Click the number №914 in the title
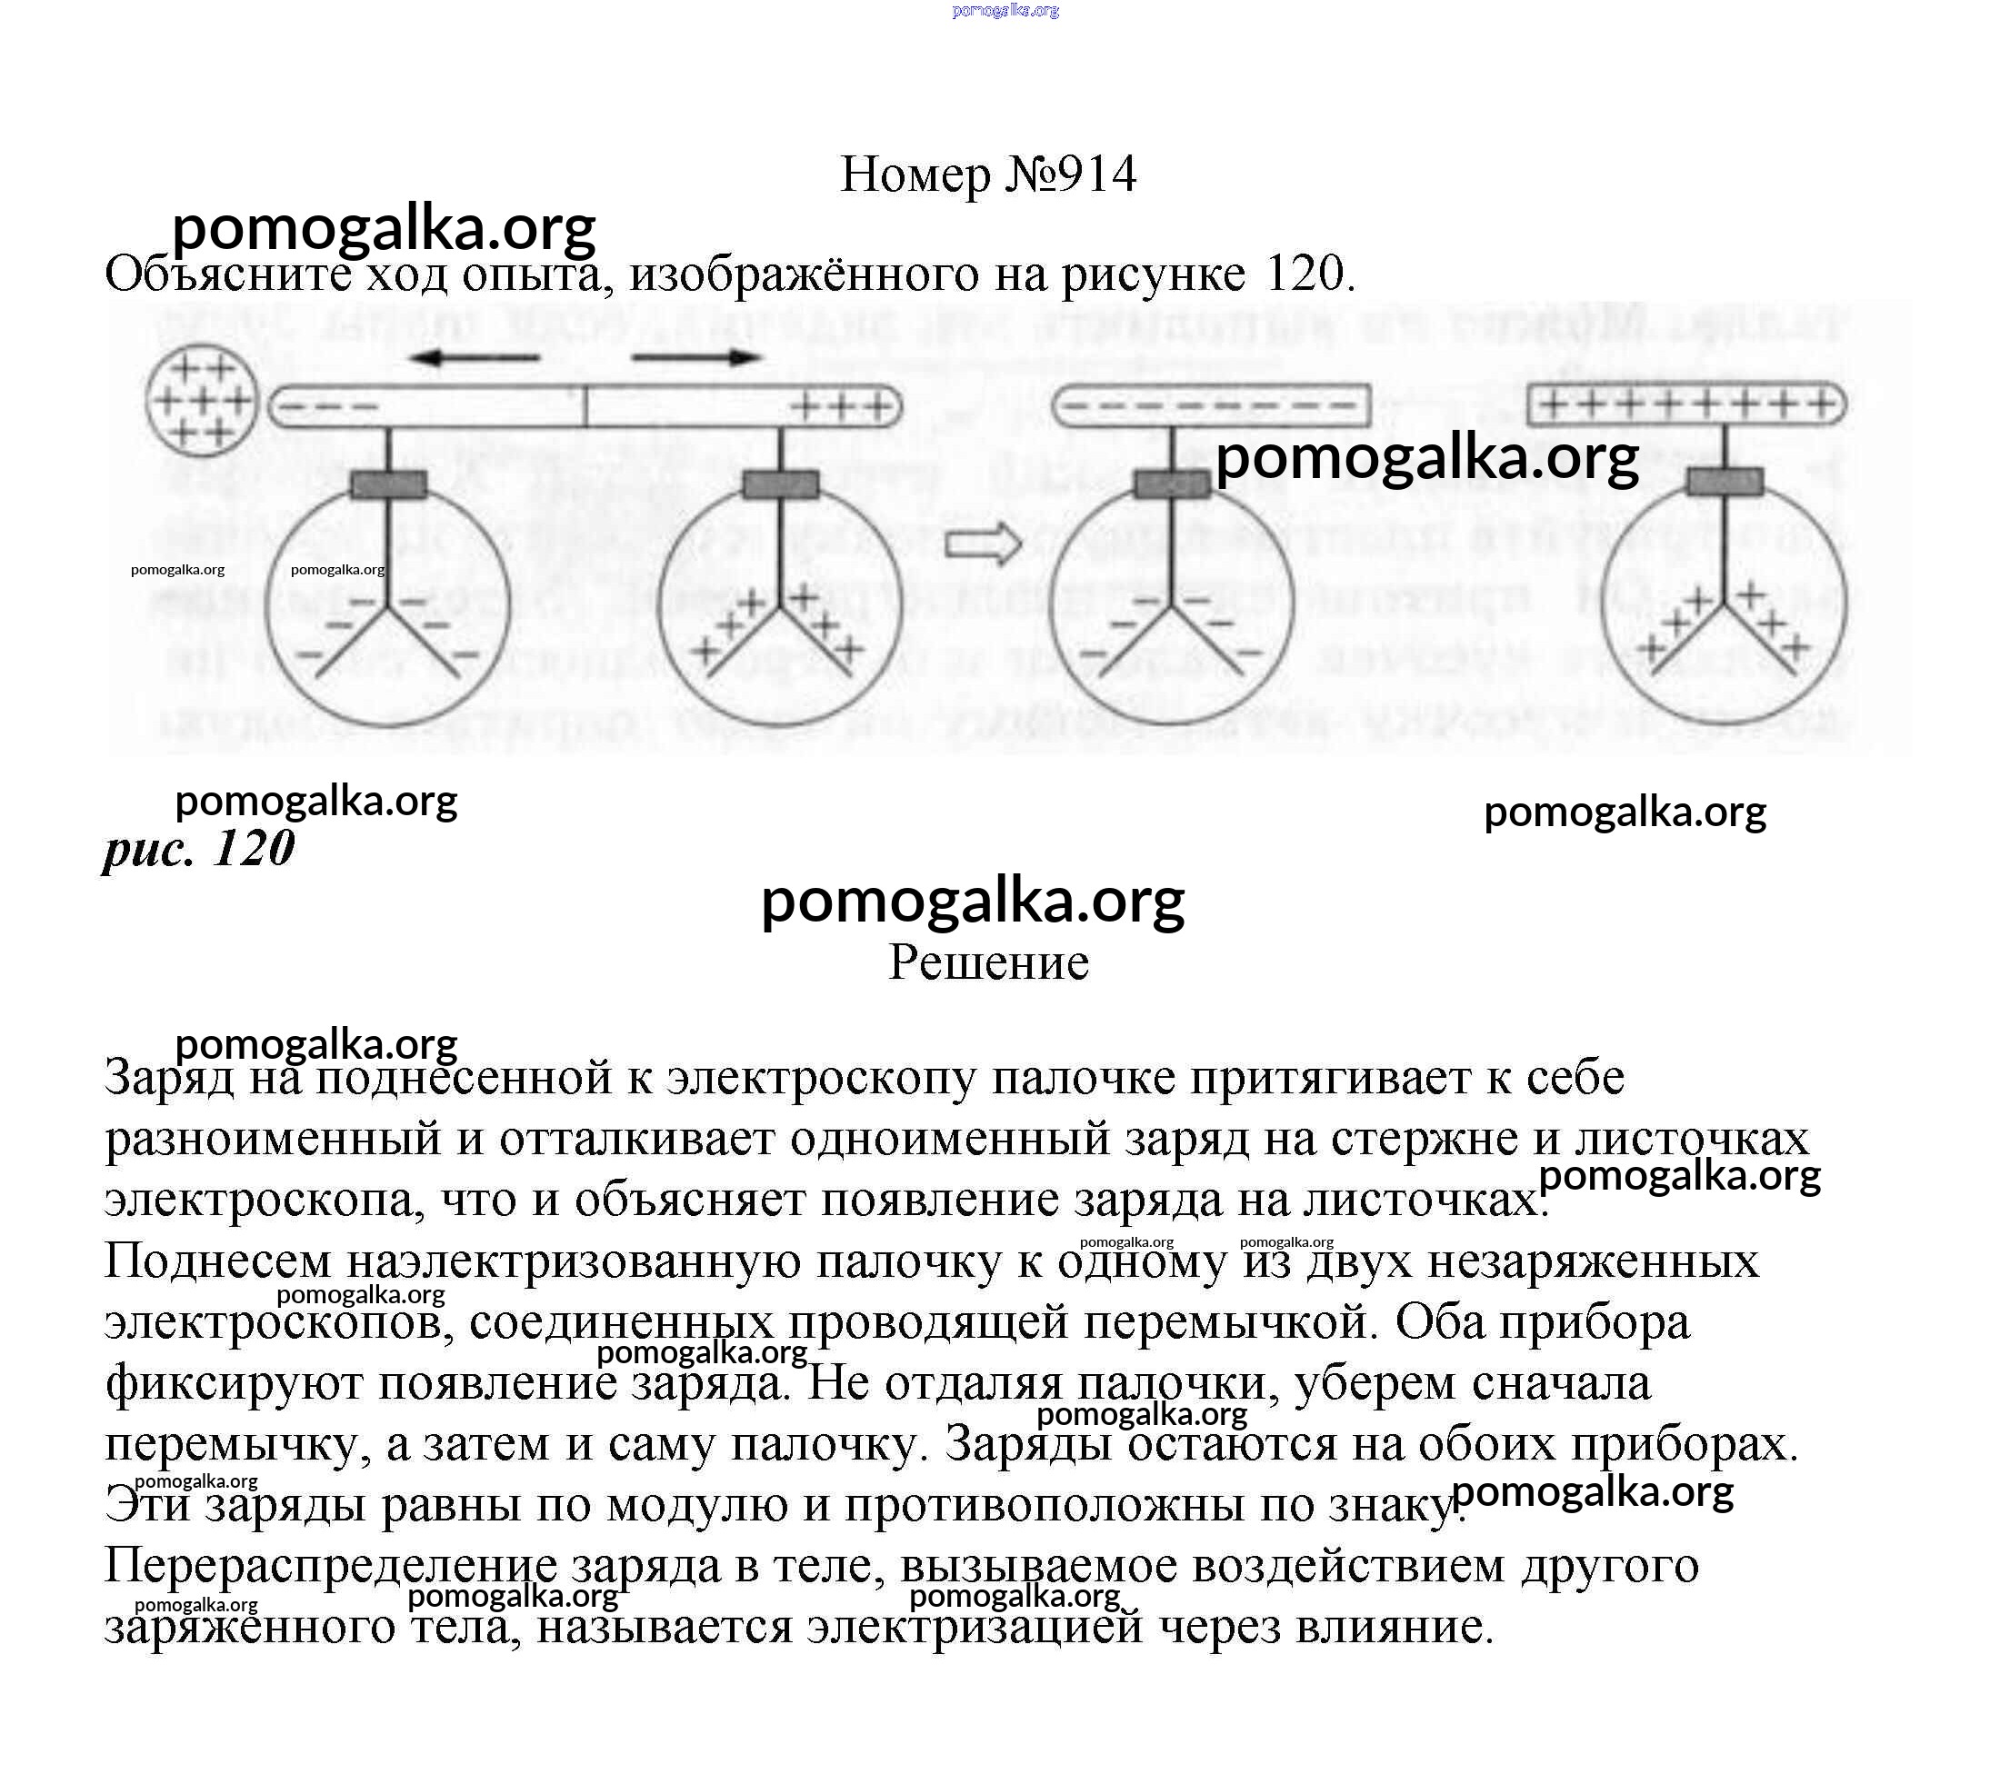coord(1071,175)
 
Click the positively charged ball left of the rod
coord(202,402)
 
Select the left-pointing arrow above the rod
coord(474,358)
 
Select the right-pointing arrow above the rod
coord(696,358)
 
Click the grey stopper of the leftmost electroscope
coord(388,484)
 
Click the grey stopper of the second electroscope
coord(781,484)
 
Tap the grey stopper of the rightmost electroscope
coord(1725,482)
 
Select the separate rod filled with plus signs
coord(1686,404)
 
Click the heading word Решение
coord(988,962)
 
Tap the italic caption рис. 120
coord(200,848)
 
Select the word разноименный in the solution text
coord(273,1140)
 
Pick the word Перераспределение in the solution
coord(329,1566)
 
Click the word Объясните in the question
coord(228,274)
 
